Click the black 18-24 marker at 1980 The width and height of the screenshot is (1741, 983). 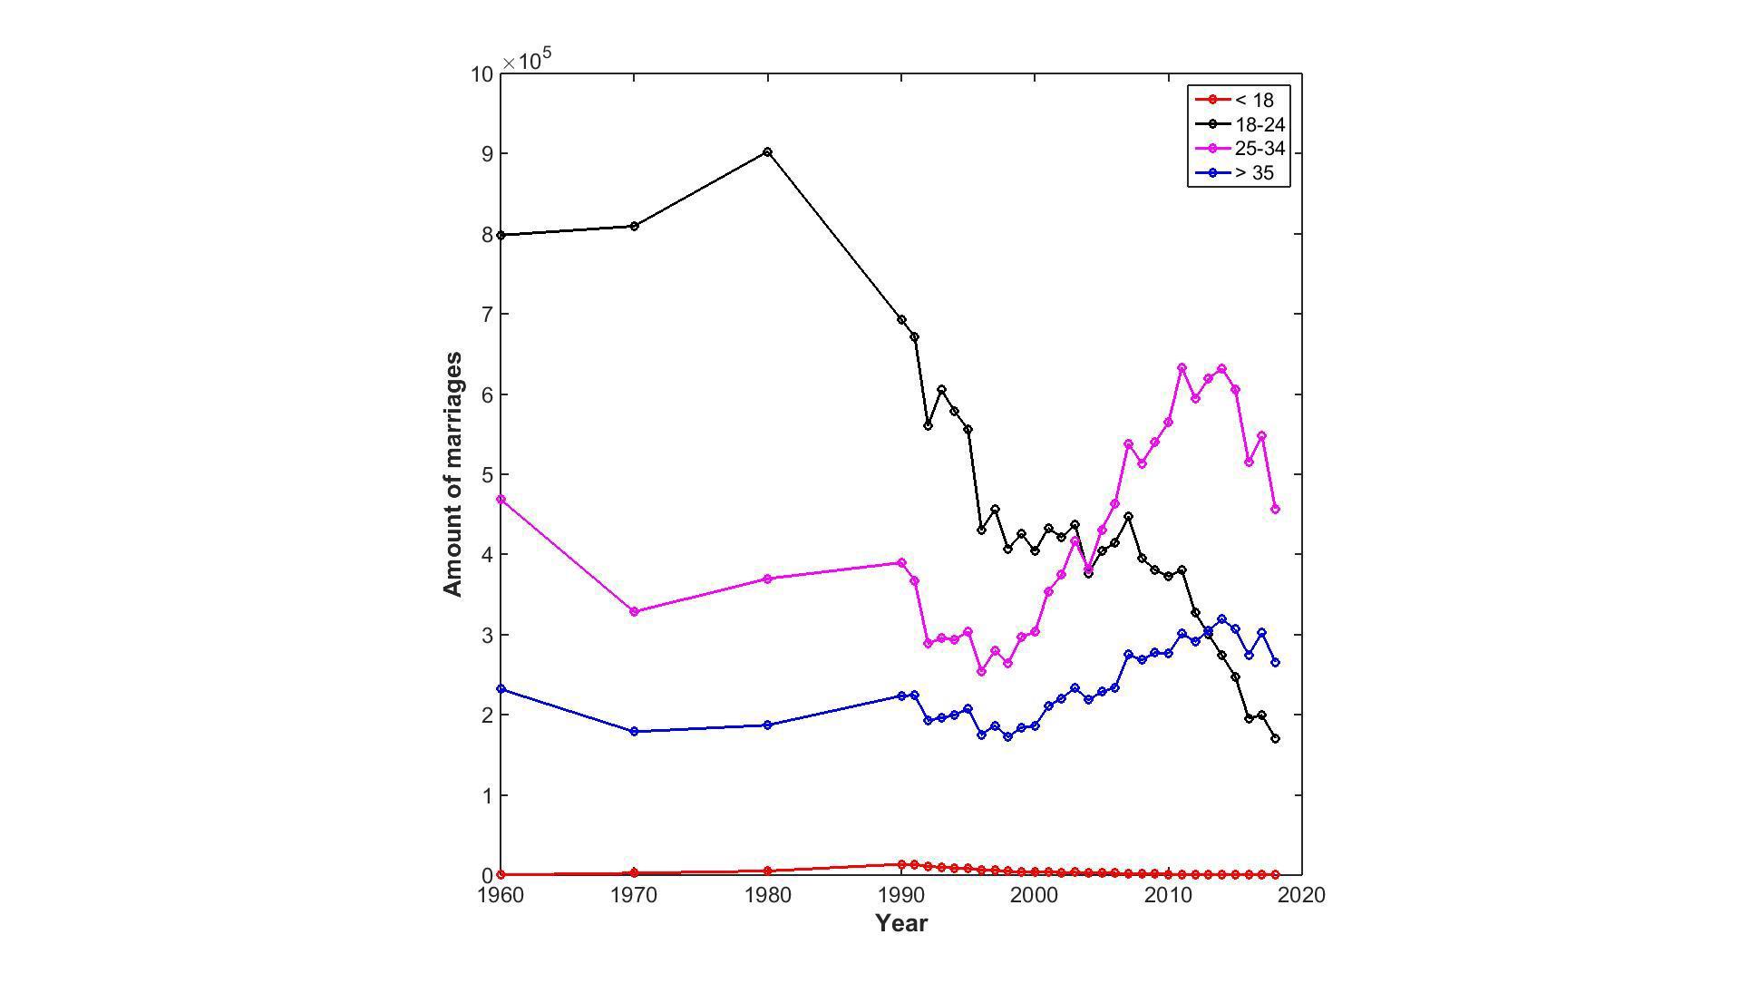pyautogui.click(x=768, y=152)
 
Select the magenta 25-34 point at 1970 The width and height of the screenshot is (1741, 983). pyautogui.click(x=634, y=612)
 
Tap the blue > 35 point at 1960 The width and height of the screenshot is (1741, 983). pyautogui.click(x=501, y=689)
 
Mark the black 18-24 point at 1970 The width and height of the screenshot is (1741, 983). pyautogui.click(x=634, y=226)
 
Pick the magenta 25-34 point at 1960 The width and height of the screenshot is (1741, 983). pyautogui.click(x=501, y=500)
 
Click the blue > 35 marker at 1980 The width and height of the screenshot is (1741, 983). pyautogui.click(x=768, y=725)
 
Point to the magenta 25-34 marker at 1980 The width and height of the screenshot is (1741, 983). pyautogui.click(x=768, y=579)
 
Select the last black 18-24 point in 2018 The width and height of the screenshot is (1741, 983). pyautogui.click(x=1275, y=739)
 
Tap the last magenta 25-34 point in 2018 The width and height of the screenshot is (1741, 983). pyautogui.click(x=1275, y=510)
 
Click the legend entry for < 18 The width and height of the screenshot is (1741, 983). pyautogui.click(x=1254, y=101)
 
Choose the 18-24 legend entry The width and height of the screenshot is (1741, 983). pyautogui.click(x=1260, y=125)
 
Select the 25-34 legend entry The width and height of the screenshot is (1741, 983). pyautogui.click(x=1260, y=149)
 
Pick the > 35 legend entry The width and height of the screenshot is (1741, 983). pyautogui.click(x=1254, y=173)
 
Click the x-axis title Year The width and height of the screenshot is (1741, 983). pyautogui.click(x=901, y=923)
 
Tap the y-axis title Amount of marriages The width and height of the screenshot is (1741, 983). pyautogui.click(x=452, y=474)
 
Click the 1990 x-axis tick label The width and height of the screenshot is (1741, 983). pyautogui.click(x=901, y=896)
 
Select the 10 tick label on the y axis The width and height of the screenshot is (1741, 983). pyautogui.click(x=482, y=74)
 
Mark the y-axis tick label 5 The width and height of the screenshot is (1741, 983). pyautogui.click(x=488, y=475)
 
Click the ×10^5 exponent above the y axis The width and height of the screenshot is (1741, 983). pyautogui.click(x=528, y=60)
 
